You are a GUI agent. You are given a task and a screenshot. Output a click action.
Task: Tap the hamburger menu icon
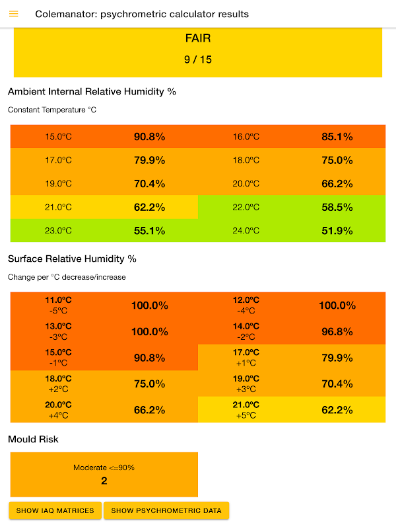(x=14, y=14)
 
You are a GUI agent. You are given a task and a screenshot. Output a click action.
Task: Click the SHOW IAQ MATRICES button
(x=55, y=510)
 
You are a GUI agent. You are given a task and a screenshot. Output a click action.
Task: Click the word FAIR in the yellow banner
(x=198, y=38)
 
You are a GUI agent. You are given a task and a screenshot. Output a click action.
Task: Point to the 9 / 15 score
(x=198, y=60)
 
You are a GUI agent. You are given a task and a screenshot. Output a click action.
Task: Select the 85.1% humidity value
(x=337, y=137)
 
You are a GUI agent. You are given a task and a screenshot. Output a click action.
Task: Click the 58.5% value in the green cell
(x=337, y=207)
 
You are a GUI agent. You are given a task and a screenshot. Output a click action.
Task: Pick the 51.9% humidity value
(x=337, y=231)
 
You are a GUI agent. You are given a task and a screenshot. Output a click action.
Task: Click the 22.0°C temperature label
(x=246, y=207)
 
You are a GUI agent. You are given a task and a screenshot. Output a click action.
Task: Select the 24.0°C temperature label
(x=246, y=231)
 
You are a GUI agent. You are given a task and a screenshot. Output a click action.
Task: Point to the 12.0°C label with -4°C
(x=246, y=305)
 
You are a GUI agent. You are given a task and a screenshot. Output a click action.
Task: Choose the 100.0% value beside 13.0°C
(x=150, y=331)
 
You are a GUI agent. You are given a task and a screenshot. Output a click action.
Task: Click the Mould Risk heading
(x=33, y=439)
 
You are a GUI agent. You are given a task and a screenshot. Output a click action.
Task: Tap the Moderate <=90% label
(x=104, y=468)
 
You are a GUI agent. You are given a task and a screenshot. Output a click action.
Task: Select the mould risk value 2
(x=104, y=481)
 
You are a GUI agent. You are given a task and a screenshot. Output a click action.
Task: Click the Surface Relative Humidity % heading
(x=72, y=259)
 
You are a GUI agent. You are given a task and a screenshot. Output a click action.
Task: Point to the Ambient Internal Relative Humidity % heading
(x=92, y=91)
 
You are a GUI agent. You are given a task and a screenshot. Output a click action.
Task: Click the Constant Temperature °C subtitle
(x=52, y=110)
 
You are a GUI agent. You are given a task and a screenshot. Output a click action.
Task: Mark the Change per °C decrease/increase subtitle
(x=67, y=277)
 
